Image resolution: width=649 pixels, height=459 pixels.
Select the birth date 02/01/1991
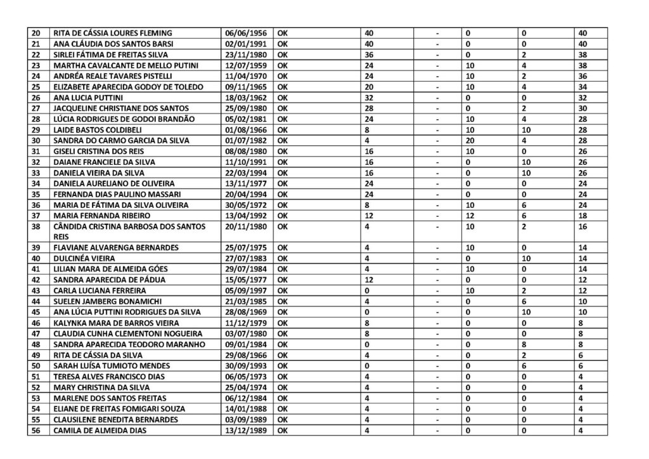tap(247, 43)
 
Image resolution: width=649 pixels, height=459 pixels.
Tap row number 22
tap(35, 55)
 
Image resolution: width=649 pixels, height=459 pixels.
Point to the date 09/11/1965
tap(247, 87)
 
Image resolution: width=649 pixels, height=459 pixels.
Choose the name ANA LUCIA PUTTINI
tap(88, 98)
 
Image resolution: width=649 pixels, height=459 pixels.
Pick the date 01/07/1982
tap(247, 140)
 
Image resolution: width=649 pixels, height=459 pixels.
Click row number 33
tap(35, 172)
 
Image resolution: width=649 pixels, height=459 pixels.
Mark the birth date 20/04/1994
tap(247, 194)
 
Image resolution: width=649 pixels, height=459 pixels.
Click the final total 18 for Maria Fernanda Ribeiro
tap(584, 215)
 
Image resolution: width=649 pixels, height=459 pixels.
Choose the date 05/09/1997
tap(247, 290)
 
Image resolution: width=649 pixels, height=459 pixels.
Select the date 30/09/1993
tap(247, 366)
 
